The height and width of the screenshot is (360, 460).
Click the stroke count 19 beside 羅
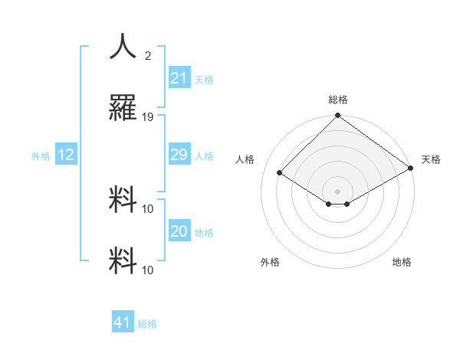[148, 116]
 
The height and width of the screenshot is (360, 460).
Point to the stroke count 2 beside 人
[148, 55]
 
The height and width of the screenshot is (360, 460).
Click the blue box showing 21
[179, 78]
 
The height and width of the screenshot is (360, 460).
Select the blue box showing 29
[179, 155]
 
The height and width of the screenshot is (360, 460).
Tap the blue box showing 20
[179, 231]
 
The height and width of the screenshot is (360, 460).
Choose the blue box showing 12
[66, 155]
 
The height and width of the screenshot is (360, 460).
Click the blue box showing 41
[123, 322]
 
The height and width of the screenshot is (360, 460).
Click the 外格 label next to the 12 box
[41, 155]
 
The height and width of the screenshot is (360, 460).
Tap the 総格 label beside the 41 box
[147, 323]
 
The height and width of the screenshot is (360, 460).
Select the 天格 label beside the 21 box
[204, 79]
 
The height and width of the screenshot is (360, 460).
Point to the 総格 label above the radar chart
[338, 100]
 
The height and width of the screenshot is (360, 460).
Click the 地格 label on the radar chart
[402, 262]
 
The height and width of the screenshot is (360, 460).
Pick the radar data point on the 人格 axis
[280, 172]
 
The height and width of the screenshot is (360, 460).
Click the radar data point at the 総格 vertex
[338, 116]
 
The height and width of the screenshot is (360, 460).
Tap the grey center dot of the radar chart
[338, 191]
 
